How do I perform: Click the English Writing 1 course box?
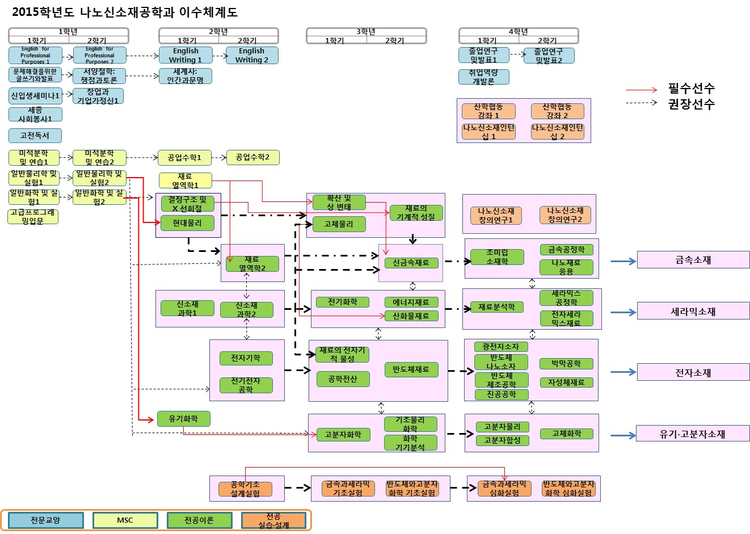pyautogui.click(x=186, y=55)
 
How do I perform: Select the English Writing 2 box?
pyautogui.click(x=251, y=55)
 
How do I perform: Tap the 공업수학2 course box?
pyautogui.click(x=252, y=157)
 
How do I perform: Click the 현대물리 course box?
pyautogui.click(x=187, y=223)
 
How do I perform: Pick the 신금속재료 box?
pyautogui.click(x=411, y=263)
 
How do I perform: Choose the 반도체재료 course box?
pyautogui.click(x=411, y=369)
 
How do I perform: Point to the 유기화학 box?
pyautogui.click(x=183, y=419)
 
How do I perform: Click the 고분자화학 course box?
pyautogui.click(x=343, y=435)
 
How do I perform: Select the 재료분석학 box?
pyautogui.click(x=496, y=307)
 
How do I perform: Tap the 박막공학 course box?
pyautogui.click(x=566, y=364)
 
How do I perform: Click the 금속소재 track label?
pyautogui.click(x=693, y=260)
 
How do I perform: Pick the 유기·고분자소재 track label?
pyautogui.click(x=692, y=434)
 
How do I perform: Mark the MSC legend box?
pyautogui.click(x=125, y=520)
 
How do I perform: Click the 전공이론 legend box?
pyautogui.click(x=199, y=520)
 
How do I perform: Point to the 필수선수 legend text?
pyautogui.click(x=691, y=89)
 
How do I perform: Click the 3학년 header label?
pyautogui.click(x=366, y=32)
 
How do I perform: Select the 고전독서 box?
pyautogui.click(x=35, y=136)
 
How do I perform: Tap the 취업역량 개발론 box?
pyautogui.click(x=483, y=77)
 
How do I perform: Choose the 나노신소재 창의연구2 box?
pyautogui.click(x=564, y=215)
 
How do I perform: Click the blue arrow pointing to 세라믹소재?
pyautogui.click(x=623, y=312)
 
